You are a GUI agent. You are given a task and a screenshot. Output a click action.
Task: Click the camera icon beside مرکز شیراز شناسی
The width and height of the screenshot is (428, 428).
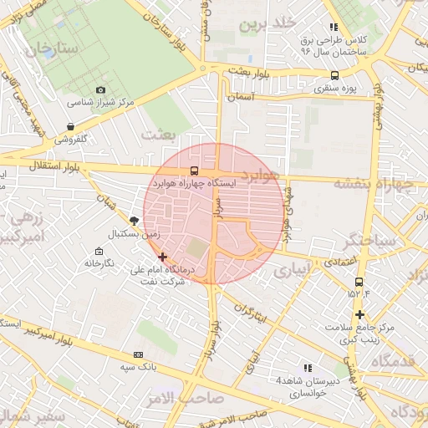(x=101, y=89)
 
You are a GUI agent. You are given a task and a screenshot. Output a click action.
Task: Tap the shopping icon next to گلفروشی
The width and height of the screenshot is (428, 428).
(x=71, y=127)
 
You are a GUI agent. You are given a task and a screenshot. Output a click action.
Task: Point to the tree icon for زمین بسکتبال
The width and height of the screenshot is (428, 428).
(x=135, y=220)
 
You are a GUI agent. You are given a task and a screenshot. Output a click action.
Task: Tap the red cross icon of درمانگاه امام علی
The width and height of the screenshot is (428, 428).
(x=162, y=257)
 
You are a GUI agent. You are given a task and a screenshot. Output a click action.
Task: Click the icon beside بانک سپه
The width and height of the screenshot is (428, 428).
(x=138, y=355)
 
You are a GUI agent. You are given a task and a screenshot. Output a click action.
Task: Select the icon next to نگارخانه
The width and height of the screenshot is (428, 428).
(x=99, y=252)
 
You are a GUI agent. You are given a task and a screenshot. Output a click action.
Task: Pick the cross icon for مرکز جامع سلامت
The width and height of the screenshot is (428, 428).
(x=359, y=314)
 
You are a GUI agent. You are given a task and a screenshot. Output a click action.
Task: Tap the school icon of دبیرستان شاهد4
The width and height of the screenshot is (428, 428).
(x=308, y=368)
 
